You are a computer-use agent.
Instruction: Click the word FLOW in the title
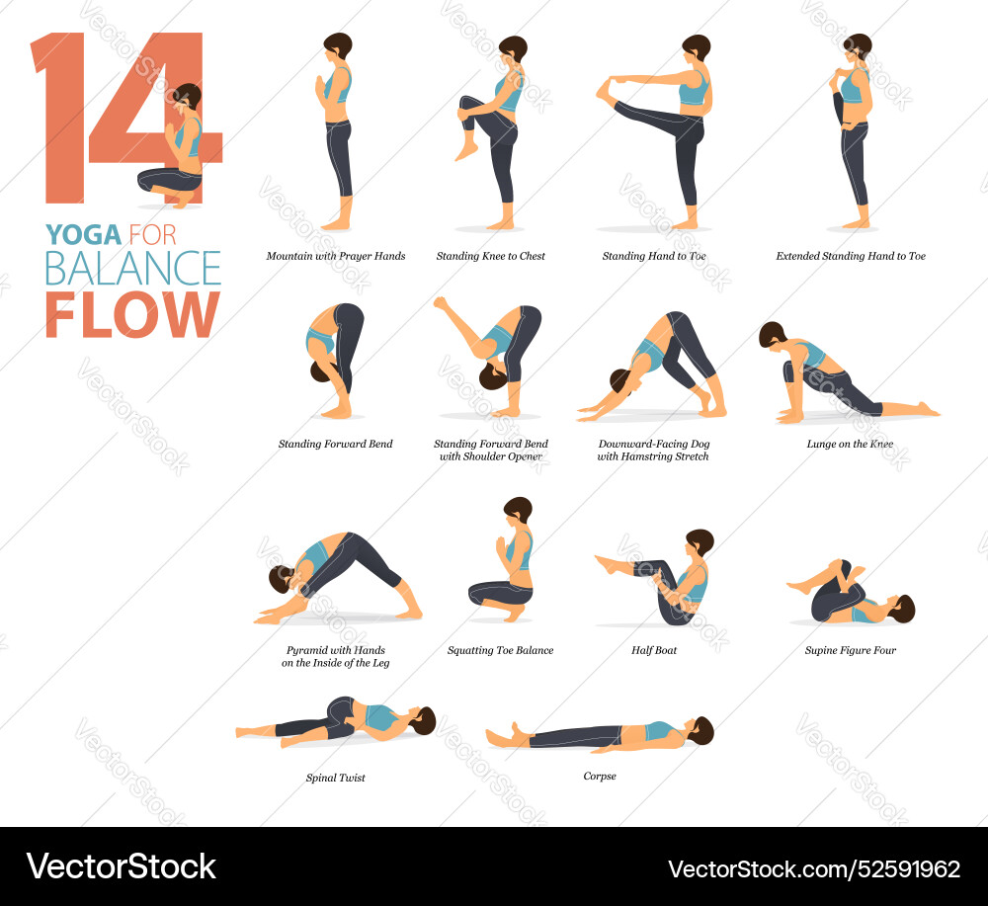[131, 314]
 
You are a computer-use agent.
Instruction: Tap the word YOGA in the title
[83, 235]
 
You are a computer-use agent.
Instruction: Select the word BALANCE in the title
[132, 269]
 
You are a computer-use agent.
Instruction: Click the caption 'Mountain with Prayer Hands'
[336, 257]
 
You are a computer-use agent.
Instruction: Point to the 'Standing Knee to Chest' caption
[491, 257]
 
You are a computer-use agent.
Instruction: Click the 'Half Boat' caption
[654, 651]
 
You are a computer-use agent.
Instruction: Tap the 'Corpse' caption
[600, 777]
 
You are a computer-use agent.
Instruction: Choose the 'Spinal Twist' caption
[336, 779]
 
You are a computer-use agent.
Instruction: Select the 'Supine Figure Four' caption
[851, 651]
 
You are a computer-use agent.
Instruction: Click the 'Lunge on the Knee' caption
[850, 445]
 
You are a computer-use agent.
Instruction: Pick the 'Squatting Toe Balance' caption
[500, 651]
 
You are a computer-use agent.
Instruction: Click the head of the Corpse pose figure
[701, 730]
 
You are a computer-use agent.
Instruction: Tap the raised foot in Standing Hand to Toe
[605, 90]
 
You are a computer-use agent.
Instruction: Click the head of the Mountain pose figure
[338, 46]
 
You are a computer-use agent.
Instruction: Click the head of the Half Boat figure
[700, 542]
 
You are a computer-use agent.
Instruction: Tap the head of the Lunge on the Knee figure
[772, 336]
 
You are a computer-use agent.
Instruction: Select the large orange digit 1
[61, 117]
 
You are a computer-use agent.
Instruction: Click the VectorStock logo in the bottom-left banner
[122, 867]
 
